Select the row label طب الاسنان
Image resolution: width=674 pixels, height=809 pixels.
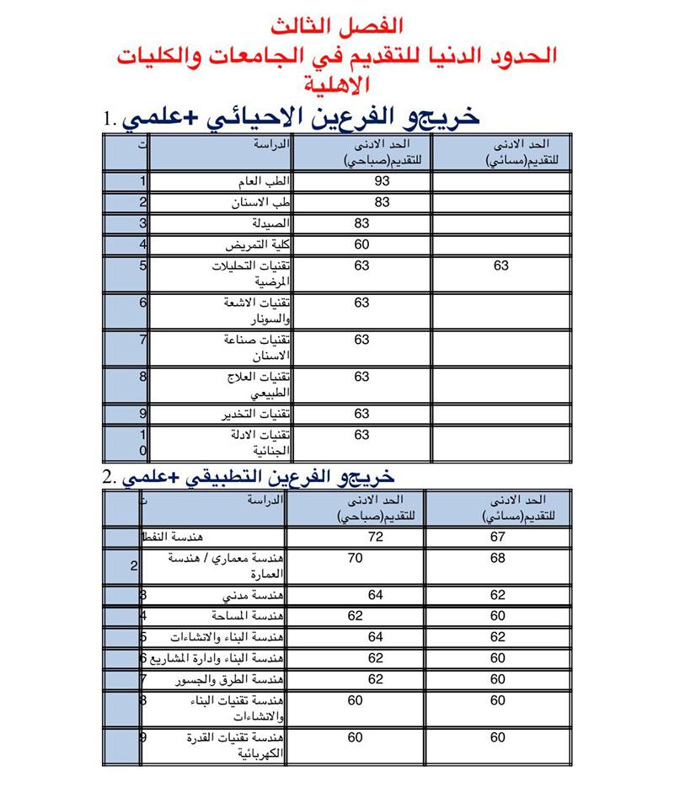(x=260, y=203)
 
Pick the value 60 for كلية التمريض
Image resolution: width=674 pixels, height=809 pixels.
(x=362, y=245)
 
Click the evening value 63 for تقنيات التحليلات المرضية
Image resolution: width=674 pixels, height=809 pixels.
(x=500, y=266)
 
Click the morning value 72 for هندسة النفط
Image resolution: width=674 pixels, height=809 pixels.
(x=375, y=537)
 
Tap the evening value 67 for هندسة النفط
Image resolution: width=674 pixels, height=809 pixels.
(x=497, y=537)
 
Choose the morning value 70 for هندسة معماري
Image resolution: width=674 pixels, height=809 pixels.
(x=356, y=557)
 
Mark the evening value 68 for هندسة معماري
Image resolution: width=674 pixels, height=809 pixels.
(x=497, y=557)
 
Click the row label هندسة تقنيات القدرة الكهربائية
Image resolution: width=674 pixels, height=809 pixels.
(x=244, y=746)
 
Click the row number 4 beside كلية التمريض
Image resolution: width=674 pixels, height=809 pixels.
(x=143, y=245)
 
